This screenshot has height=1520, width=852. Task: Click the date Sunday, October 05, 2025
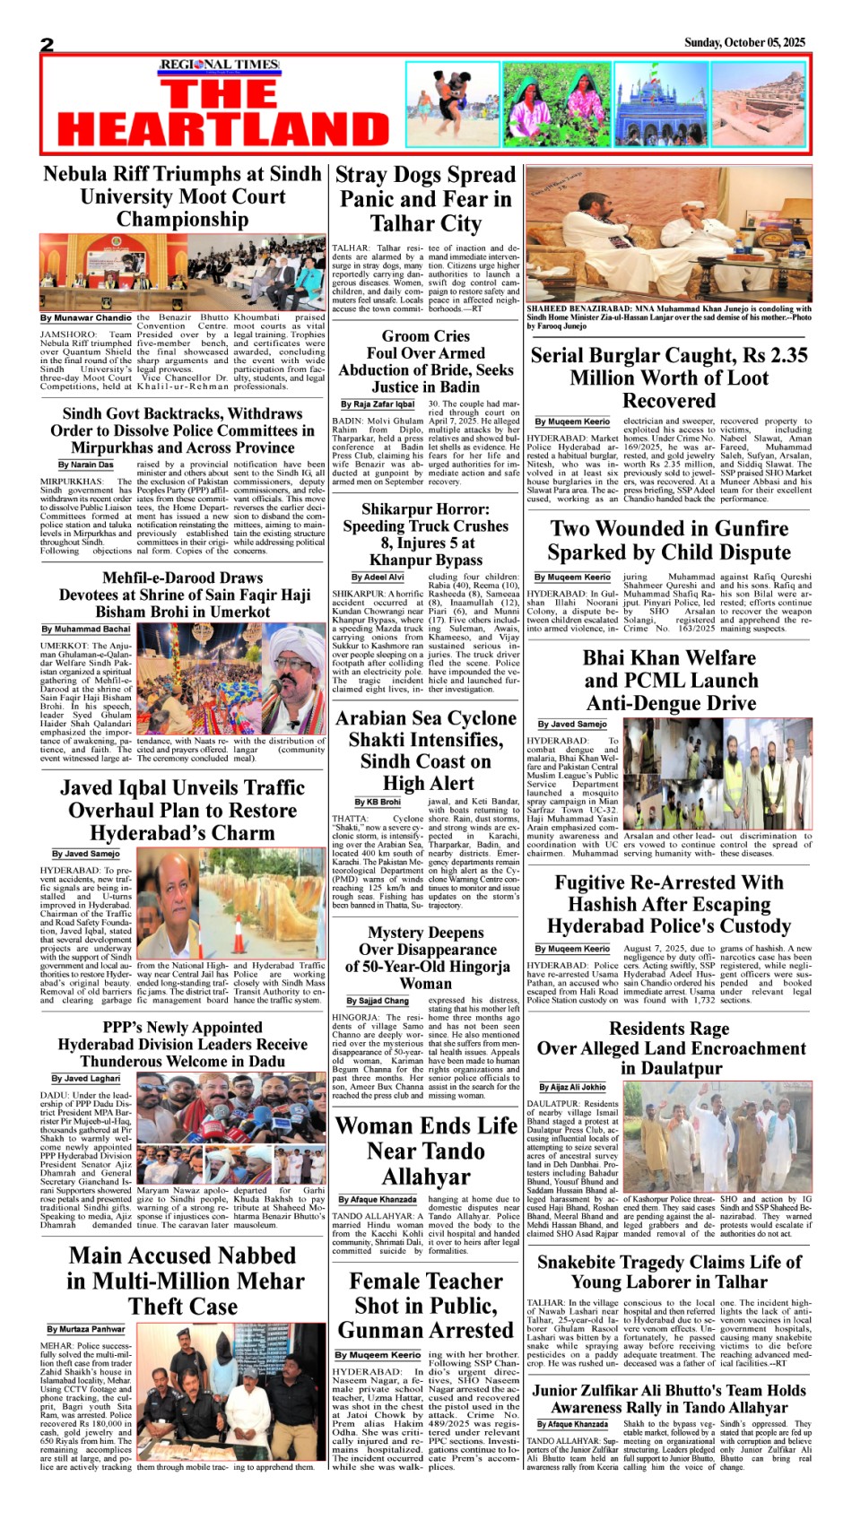coord(744,42)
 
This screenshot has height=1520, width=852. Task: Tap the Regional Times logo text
coord(220,65)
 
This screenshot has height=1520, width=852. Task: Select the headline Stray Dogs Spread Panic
coord(425,198)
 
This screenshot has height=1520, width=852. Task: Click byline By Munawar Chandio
coord(86,317)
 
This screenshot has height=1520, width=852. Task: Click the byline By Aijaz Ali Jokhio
coord(572,1087)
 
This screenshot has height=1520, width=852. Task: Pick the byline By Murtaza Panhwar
coord(86,1329)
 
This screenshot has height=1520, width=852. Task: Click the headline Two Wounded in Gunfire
coord(669,540)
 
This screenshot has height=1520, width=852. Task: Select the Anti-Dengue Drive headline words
coord(672,703)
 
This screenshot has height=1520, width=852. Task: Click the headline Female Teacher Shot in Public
coord(426,1305)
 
